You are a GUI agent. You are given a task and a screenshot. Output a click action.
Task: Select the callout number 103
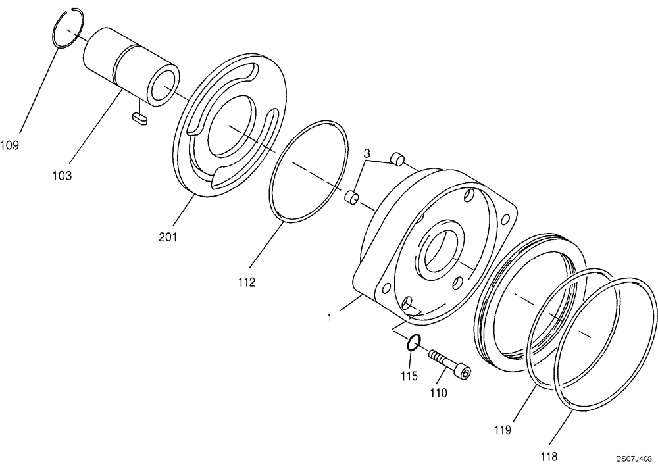(x=63, y=176)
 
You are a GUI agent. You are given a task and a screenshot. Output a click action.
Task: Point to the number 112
(x=247, y=283)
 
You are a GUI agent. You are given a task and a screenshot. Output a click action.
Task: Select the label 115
(x=409, y=376)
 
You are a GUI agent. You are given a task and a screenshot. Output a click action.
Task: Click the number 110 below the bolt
(x=438, y=393)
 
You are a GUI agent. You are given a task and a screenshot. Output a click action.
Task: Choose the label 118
(x=549, y=456)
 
